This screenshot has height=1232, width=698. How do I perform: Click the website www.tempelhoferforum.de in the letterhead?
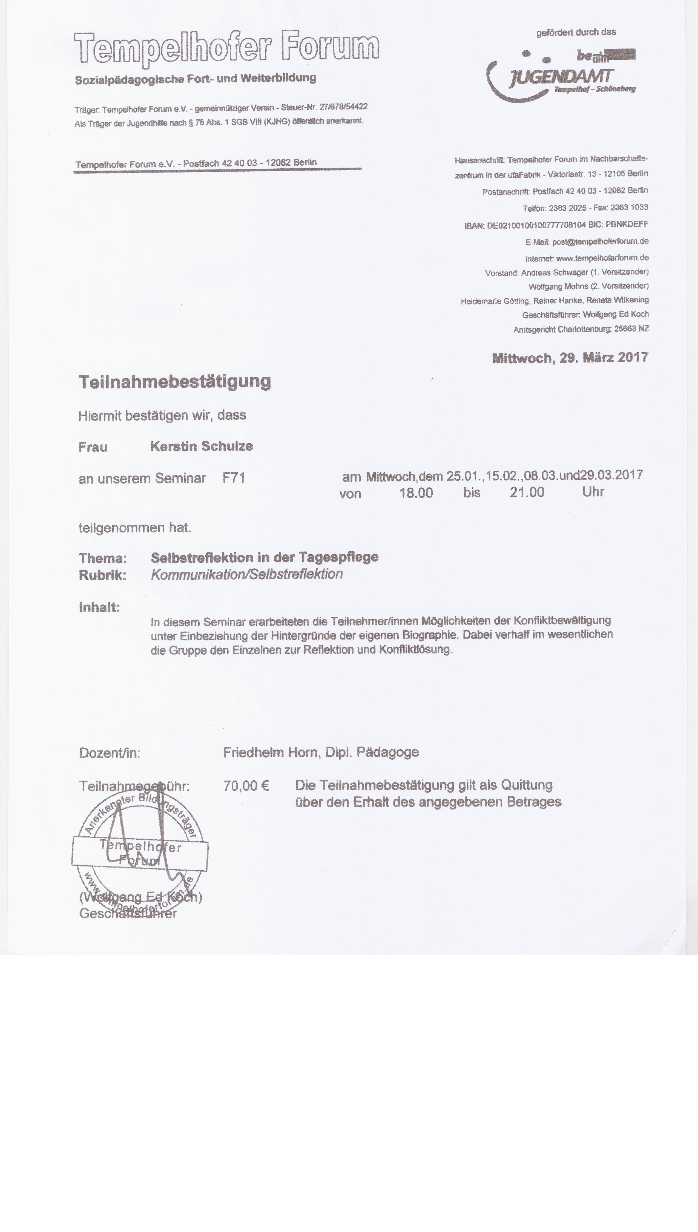pos(602,258)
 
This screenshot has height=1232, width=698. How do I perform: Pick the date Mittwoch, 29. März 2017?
pos(570,358)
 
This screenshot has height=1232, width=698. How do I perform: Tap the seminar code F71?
pos(234,478)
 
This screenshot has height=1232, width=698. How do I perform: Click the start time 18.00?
pos(416,493)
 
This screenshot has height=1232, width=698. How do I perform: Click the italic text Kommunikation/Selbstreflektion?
pos(247,575)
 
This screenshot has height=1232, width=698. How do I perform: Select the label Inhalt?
pos(99,608)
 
